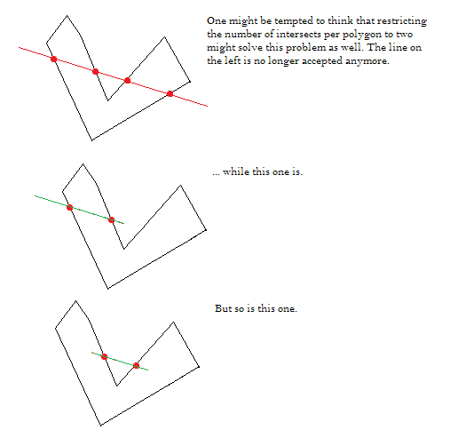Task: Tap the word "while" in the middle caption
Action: tap(236, 171)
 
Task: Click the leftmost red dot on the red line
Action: tap(53, 59)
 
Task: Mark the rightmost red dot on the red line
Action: tap(170, 94)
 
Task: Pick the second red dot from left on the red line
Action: tap(95, 71)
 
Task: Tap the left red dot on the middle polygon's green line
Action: tap(70, 207)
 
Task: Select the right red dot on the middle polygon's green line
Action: tap(111, 219)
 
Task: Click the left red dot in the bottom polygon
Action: tap(104, 357)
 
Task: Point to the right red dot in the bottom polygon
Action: tap(136, 366)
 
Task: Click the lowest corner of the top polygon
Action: tap(91, 140)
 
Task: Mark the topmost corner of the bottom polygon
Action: tap(75, 301)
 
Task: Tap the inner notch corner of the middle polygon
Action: tap(123, 249)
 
